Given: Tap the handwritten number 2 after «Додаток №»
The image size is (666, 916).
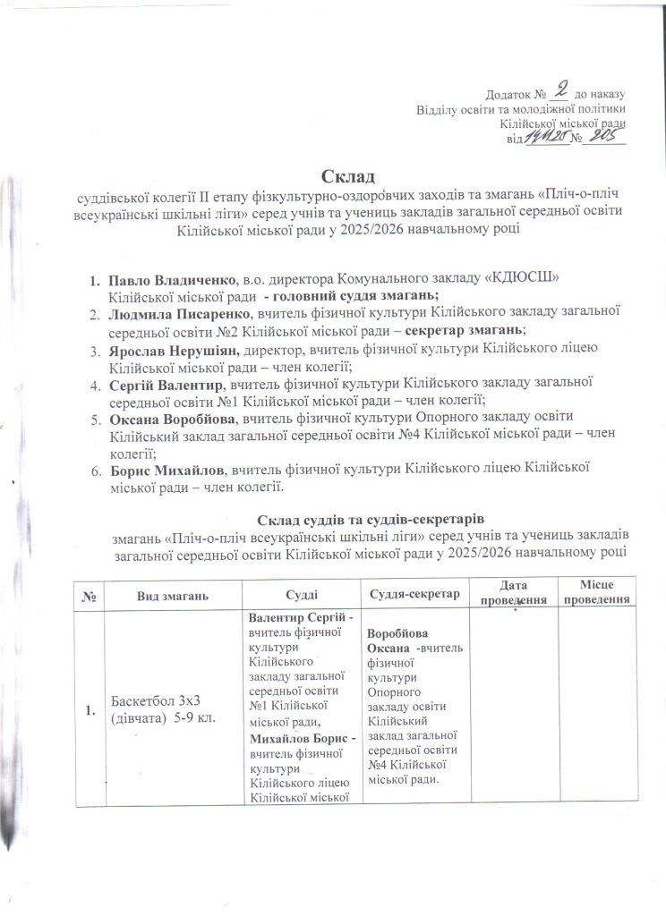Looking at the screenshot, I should (561, 89).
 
